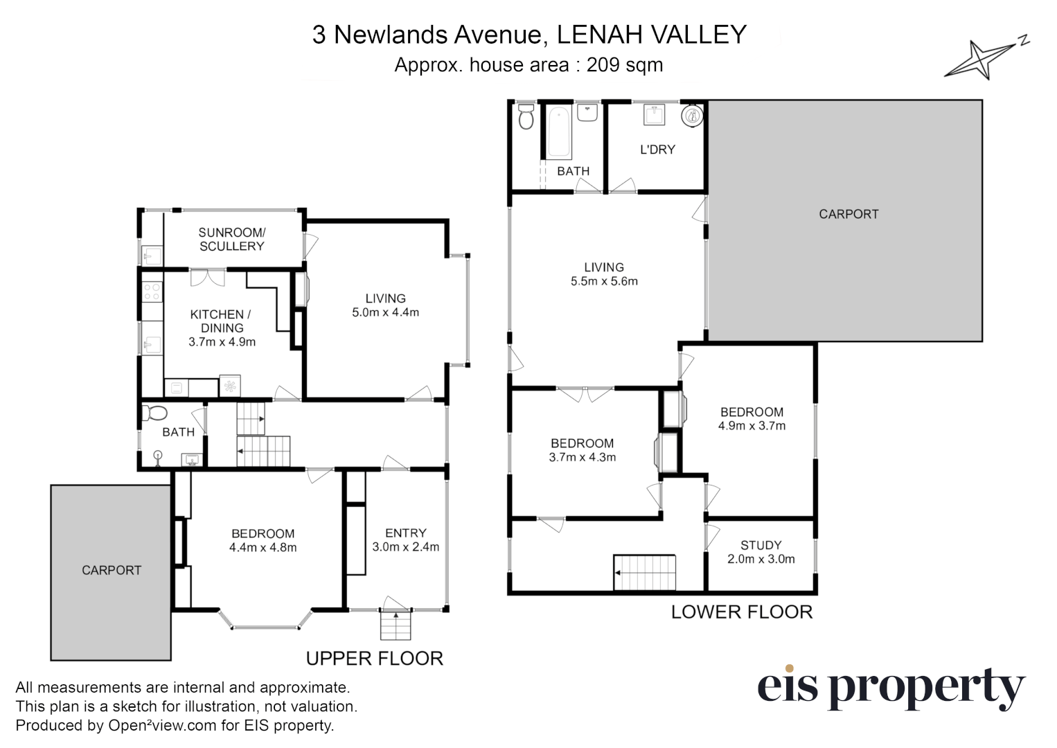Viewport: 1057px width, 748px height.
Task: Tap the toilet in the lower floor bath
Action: tap(526, 117)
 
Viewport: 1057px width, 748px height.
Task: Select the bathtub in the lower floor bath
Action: tap(559, 132)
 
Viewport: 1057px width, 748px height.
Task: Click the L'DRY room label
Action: tap(657, 150)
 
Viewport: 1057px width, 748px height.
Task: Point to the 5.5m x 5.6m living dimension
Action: tap(604, 281)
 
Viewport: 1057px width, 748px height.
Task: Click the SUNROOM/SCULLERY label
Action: tap(231, 240)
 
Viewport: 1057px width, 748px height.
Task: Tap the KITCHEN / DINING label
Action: tap(222, 321)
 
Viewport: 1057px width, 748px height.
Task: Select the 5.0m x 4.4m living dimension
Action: tap(385, 312)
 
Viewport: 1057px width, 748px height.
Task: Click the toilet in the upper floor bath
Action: tap(155, 413)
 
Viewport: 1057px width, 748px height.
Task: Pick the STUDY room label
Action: tap(761, 545)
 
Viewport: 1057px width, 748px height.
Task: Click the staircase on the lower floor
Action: tap(644, 572)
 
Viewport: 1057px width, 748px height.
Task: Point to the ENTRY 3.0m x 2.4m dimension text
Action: tap(406, 547)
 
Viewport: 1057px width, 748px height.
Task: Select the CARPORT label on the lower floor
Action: tap(849, 215)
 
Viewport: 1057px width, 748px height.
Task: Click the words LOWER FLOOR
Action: tap(741, 612)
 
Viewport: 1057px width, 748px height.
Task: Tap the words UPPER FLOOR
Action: tap(374, 659)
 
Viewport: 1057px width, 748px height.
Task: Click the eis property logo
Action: tap(890, 688)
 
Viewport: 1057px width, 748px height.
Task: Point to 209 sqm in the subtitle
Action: tap(625, 65)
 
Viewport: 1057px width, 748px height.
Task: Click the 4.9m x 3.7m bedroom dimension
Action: tap(752, 426)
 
